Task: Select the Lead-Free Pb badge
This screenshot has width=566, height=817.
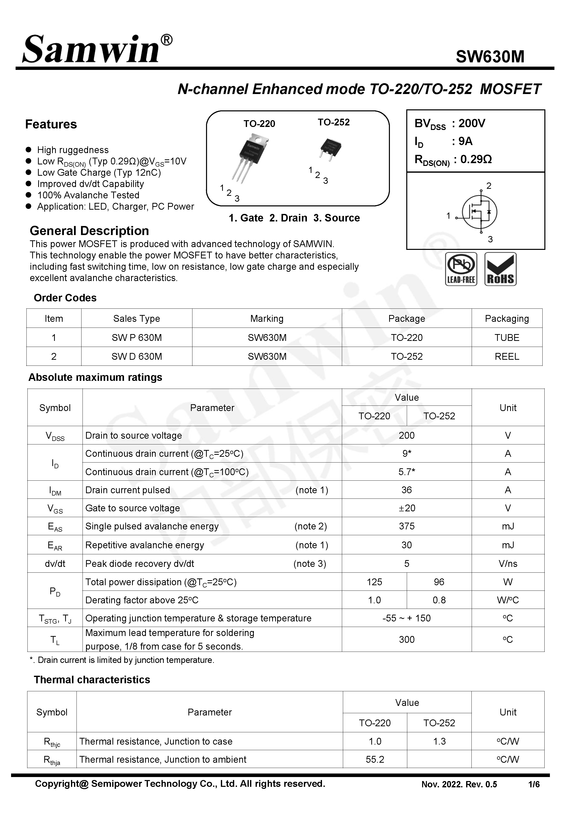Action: click(x=461, y=269)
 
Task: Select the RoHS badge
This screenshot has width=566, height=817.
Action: click(x=500, y=269)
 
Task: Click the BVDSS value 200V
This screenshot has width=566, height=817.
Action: click(x=472, y=123)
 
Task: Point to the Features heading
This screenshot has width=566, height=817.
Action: click(x=51, y=124)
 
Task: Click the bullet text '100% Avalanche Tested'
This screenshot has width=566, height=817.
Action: click(x=88, y=195)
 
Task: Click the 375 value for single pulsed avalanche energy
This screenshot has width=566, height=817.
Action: click(x=407, y=526)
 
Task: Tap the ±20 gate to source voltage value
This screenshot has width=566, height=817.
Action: click(x=407, y=508)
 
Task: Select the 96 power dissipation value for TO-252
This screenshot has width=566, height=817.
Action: click(x=439, y=582)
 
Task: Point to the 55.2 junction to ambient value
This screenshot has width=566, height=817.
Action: click(x=375, y=759)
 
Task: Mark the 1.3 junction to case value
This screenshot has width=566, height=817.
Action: click(x=439, y=741)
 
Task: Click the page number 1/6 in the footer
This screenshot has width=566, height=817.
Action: click(x=534, y=784)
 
